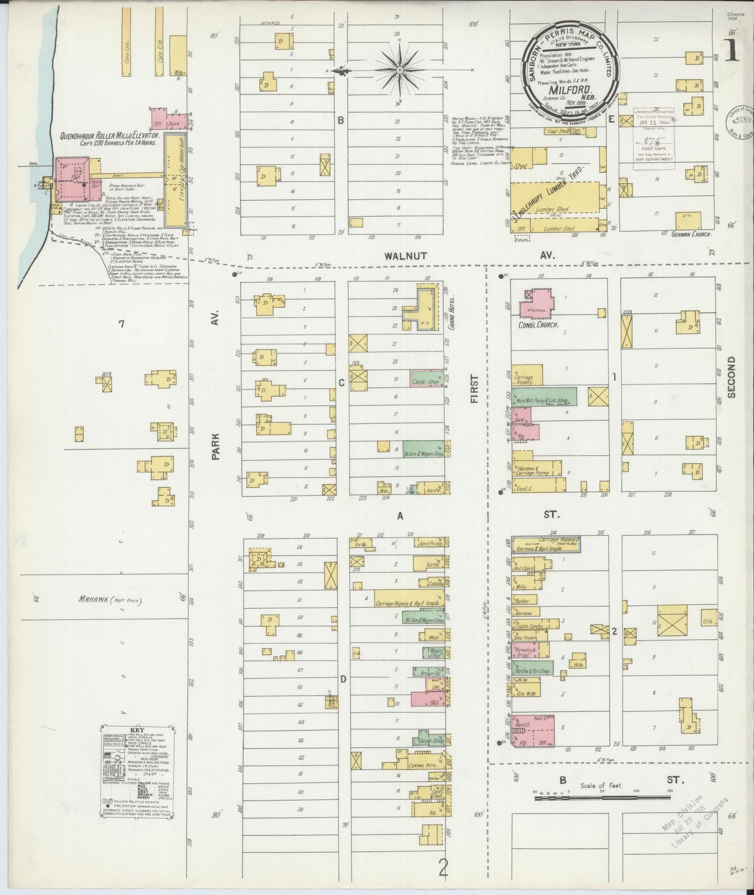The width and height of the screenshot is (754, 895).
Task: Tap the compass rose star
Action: click(x=399, y=69)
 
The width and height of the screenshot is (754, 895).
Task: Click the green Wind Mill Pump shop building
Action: click(x=544, y=399)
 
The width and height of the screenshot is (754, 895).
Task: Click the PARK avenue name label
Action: click(x=216, y=448)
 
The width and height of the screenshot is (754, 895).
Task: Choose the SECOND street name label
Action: click(x=732, y=377)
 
